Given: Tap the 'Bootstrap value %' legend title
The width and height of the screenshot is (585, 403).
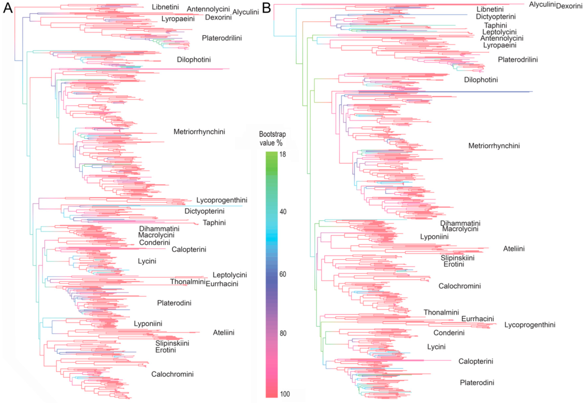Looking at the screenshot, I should tap(272, 138).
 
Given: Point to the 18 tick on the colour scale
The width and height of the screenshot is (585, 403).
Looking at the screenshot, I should tap(283, 154).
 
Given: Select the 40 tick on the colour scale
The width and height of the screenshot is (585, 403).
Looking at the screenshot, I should tap(283, 212).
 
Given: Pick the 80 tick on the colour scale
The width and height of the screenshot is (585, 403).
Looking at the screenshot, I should tap(283, 333).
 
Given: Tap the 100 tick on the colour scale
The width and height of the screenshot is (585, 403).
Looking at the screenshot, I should tap(285, 394).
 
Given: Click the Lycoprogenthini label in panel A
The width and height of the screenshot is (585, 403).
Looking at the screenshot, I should tap(222, 200).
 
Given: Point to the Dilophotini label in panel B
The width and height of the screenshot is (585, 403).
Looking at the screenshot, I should tap(481, 80).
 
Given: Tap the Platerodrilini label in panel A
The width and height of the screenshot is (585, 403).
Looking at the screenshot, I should tap(222, 38).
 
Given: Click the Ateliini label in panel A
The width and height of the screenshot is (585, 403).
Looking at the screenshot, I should tap(224, 333).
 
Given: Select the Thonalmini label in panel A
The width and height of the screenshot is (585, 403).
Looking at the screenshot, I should tap(188, 282).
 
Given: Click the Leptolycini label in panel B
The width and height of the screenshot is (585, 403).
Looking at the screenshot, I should tap(499, 32).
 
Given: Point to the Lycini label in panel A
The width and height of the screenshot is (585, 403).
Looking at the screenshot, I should tap(147, 261).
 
